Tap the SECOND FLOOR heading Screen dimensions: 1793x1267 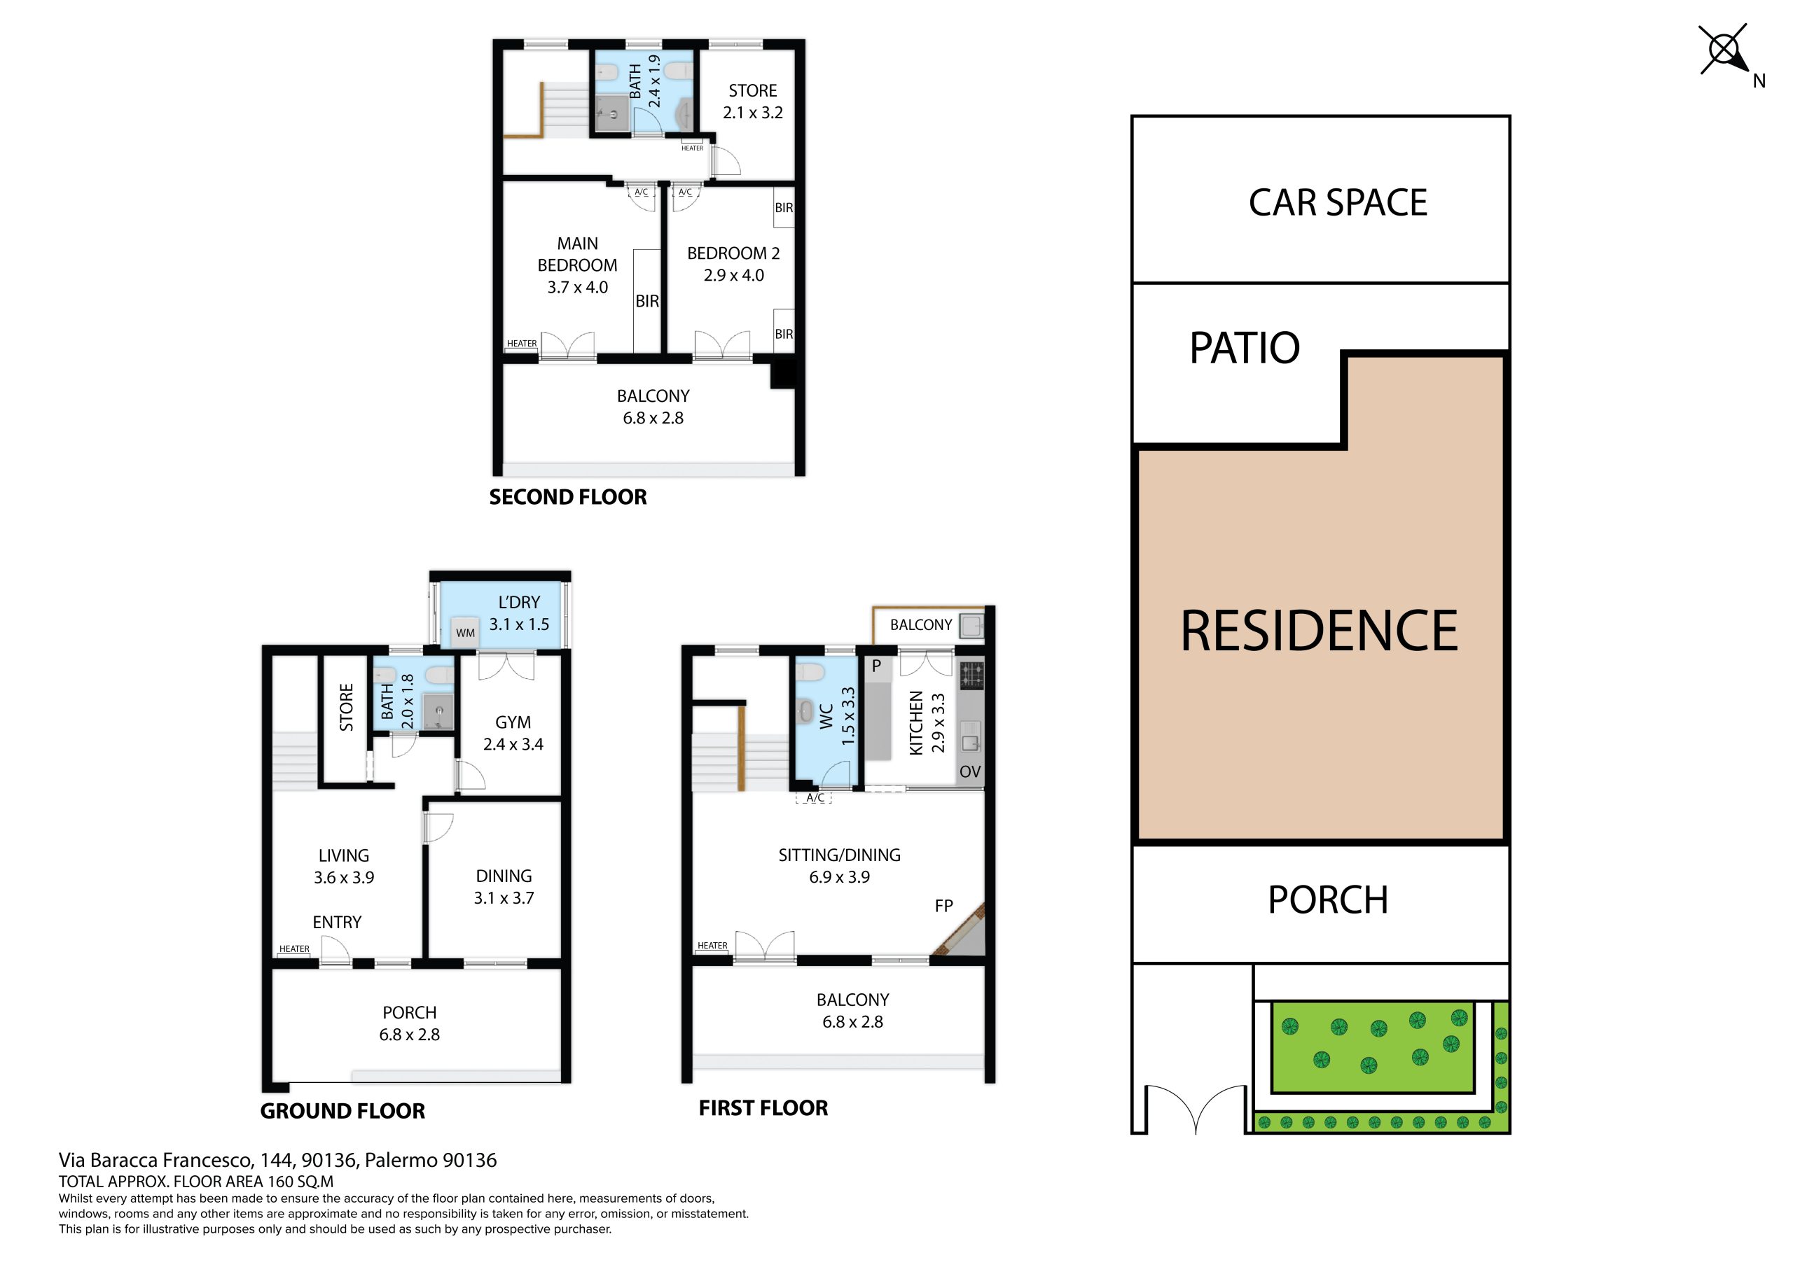[568, 497]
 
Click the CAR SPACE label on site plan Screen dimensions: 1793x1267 [1338, 202]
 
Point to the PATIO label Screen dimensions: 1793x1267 [1244, 348]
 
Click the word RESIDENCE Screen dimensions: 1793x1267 [1319, 631]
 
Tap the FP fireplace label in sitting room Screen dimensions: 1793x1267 [943, 906]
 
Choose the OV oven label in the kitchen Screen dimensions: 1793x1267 [970, 771]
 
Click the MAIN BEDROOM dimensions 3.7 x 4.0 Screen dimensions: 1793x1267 [577, 287]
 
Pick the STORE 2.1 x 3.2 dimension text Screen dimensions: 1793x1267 [753, 113]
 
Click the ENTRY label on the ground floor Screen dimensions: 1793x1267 [337, 922]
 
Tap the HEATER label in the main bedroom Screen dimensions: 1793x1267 [522, 344]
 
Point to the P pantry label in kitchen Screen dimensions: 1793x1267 [876, 666]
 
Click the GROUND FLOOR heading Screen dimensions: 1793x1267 [342, 1111]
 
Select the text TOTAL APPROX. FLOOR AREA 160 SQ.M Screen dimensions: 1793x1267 [196, 1182]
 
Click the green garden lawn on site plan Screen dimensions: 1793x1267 [1372, 1047]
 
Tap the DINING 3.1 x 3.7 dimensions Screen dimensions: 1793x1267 [504, 898]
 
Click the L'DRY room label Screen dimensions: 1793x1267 [518, 603]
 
